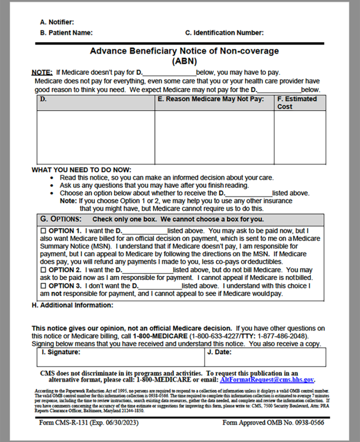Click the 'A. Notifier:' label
pyautogui.click(x=57, y=22)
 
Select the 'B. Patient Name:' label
pyautogui.click(x=66, y=33)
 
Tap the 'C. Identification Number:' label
pyautogui.click(x=224, y=33)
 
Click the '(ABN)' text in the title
pyautogui.click(x=184, y=61)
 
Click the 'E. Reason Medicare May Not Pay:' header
pyautogui.click(x=211, y=99)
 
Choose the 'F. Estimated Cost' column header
pyautogui.click(x=297, y=102)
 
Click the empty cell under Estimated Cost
pyautogui.click(x=300, y=137)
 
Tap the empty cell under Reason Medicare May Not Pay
pyautogui.click(x=214, y=137)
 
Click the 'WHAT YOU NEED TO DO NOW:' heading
pyautogui.click(x=82, y=170)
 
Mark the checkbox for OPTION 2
pyautogui.click(x=43, y=270)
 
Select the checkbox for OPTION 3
pyautogui.click(x=43, y=286)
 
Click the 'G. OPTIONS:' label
pyautogui.click(x=61, y=219)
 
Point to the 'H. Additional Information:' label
pyautogui.click(x=72, y=305)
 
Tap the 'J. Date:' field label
pyautogui.click(x=219, y=352)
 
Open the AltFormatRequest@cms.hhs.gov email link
pyautogui.click(x=267, y=380)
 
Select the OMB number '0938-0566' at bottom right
pyautogui.click(x=309, y=423)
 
